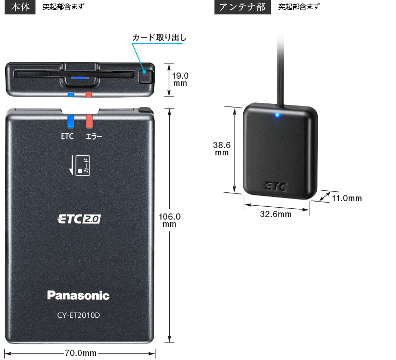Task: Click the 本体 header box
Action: [20, 7]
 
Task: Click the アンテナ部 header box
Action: [242, 7]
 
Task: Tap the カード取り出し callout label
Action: [159, 38]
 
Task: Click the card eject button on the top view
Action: [146, 76]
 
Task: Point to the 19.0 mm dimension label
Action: [180, 79]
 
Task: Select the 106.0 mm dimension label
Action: [170, 220]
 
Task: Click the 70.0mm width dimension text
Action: [81, 353]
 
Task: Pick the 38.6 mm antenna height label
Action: [222, 149]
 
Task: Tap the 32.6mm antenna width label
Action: [276, 214]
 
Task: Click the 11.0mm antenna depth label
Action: [347, 199]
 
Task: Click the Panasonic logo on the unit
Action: [78, 295]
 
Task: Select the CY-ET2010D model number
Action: [79, 315]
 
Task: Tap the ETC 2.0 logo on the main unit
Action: [79, 219]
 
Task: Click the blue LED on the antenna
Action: [277, 115]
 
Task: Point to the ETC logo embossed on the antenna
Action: [275, 187]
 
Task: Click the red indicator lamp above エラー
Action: [89, 121]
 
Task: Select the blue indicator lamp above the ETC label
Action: [71, 121]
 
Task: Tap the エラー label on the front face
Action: [94, 137]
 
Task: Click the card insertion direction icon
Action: [79, 166]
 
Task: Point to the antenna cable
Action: [280, 68]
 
